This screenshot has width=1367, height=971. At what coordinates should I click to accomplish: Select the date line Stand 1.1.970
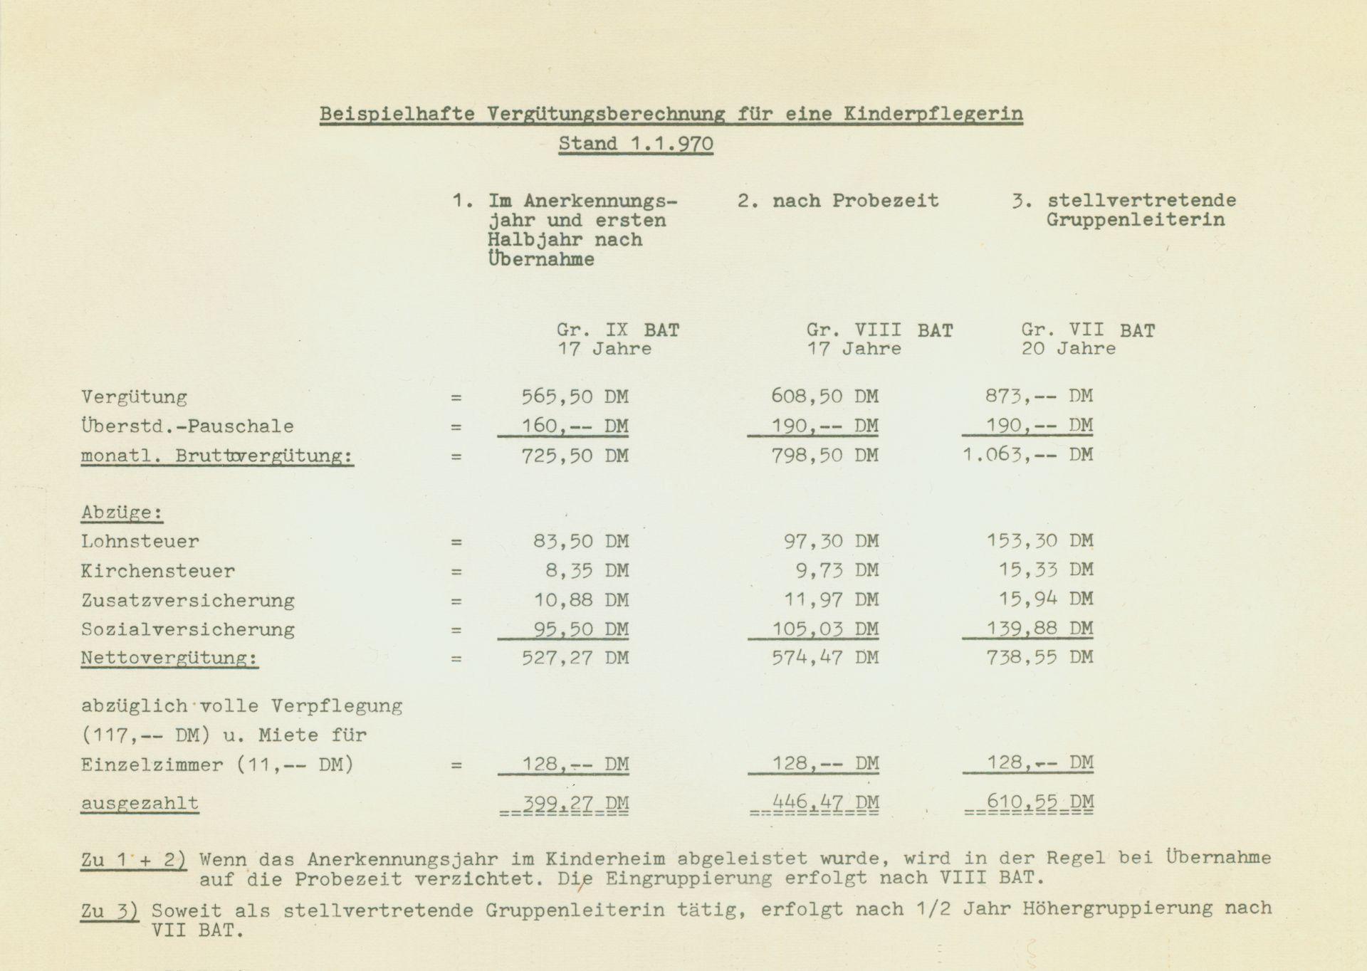pos(635,144)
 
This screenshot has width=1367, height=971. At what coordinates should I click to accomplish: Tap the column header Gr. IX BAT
pos(617,330)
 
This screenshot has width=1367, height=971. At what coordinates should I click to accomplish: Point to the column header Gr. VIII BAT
pos(879,330)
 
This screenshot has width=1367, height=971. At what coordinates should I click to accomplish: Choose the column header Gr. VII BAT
pos(1088,330)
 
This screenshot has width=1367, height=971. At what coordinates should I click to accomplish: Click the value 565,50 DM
pos(575,397)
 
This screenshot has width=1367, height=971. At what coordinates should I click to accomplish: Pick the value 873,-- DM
pos(1039,397)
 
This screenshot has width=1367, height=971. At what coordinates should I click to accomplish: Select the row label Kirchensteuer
pos(157,571)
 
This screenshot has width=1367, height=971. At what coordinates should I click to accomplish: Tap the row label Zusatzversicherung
pos(187,600)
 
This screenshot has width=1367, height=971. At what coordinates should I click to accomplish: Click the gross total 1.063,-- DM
pos(1027,455)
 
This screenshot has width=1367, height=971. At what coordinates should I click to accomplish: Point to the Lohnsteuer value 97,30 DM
pos(831,542)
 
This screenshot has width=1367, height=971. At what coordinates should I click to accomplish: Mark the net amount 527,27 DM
pos(575,658)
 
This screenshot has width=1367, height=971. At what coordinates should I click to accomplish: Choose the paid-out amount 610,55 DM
pos(1039,803)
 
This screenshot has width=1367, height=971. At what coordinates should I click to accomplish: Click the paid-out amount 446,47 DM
pos(825,803)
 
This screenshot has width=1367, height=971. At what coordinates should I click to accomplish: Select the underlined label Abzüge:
pos(121,513)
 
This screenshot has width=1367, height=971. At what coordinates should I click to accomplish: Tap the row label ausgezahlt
pos(140,803)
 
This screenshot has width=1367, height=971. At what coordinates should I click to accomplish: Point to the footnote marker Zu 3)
pos(109,910)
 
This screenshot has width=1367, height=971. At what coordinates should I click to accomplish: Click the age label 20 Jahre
pos(1068,349)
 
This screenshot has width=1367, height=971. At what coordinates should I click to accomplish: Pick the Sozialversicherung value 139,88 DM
pos(1039,629)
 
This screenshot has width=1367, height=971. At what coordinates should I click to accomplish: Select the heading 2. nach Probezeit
pos(837,201)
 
